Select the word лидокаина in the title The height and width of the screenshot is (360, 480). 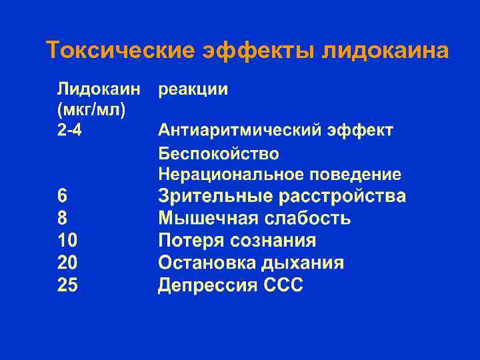click(385, 51)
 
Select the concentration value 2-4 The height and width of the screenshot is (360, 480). click(70, 130)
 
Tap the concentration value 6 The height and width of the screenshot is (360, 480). click(62, 197)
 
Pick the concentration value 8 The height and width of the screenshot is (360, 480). click(62, 219)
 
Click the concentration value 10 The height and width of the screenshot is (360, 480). click(67, 241)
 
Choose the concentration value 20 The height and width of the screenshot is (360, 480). click(67, 263)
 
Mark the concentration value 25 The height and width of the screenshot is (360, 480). click(67, 285)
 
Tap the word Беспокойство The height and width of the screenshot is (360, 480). click(219, 154)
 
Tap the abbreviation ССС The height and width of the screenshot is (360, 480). click(281, 285)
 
